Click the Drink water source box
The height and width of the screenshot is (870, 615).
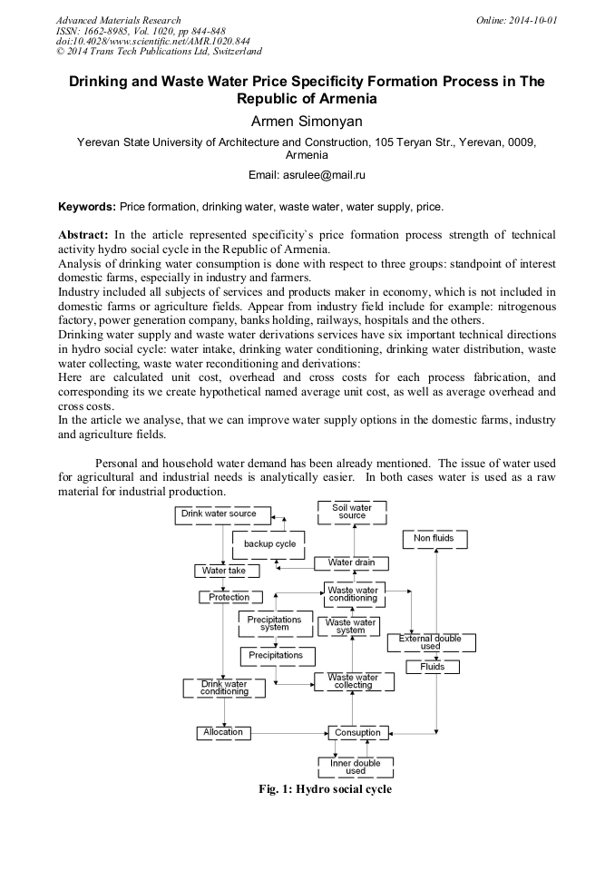click(x=218, y=514)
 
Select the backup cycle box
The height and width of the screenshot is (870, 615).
click(x=269, y=544)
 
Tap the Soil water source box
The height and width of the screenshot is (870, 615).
click(x=352, y=512)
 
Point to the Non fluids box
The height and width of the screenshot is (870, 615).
click(x=434, y=539)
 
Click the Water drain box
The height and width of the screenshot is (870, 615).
click(x=351, y=563)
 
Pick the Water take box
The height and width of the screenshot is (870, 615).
click(x=225, y=571)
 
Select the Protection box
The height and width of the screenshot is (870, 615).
click(x=229, y=597)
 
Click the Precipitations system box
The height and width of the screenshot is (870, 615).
click(x=275, y=623)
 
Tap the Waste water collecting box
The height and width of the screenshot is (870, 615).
click(x=353, y=681)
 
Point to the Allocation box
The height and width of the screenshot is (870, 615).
click(x=223, y=732)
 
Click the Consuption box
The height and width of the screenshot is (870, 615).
click(x=357, y=732)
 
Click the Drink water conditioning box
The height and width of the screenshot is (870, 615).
click(x=224, y=688)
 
